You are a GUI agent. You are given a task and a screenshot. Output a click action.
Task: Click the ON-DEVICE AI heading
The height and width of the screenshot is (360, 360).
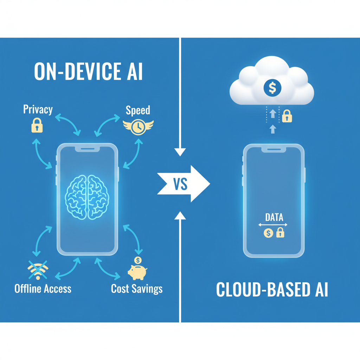click(x=88, y=72)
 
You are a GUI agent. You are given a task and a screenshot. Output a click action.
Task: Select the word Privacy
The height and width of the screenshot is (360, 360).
click(x=38, y=109)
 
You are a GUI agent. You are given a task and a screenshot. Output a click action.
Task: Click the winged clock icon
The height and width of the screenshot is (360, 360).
click(x=138, y=127)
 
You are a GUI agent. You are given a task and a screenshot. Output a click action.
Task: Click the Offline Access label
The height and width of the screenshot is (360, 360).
click(x=43, y=289)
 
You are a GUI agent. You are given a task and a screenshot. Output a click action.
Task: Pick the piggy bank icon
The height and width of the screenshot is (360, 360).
click(x=137, y=271)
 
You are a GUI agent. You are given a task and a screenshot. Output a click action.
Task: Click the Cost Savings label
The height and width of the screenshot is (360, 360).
click(x=137, y=289)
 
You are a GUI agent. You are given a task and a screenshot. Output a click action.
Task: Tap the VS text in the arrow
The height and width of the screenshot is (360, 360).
click(x=180, y=184)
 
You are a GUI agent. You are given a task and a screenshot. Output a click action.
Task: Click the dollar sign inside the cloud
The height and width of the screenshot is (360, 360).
click(x=272, y=88)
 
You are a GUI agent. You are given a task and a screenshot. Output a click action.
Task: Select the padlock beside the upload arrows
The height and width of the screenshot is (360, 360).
click(x=287, y=116)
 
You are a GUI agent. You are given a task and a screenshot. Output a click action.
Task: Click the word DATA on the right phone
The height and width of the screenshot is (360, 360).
click(x=274, y=217)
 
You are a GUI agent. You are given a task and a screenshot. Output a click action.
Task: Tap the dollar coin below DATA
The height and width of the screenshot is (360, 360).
click(x=268, y=232)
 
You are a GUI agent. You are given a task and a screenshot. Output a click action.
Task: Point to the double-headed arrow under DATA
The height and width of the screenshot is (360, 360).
click(x=273, y=225)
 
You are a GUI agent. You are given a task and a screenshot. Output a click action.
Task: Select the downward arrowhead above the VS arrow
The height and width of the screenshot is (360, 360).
click(x=180, y=152)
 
